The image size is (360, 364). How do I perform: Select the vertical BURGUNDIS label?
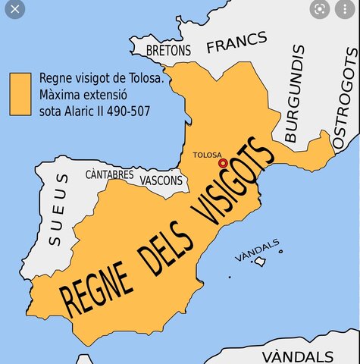(x=295, y=94)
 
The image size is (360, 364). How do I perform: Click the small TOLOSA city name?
(x=207, y=155)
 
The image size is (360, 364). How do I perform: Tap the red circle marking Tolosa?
(x=223, y=163)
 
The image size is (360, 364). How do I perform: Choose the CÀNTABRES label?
(x=109, y=174)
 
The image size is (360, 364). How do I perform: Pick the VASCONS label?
(x=161, y=180)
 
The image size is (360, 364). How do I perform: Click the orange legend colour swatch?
(x=20, y=94)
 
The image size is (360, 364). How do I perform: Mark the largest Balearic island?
(x=260, y=262)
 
